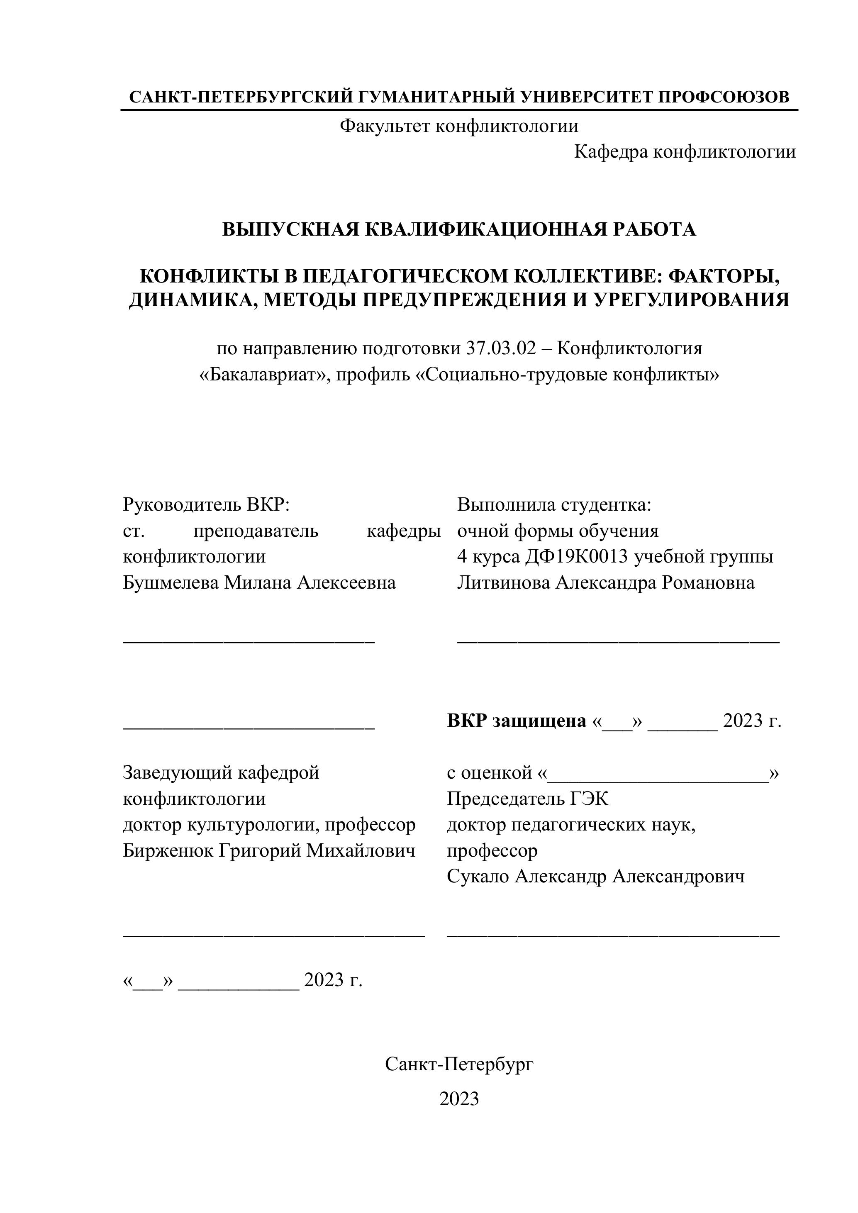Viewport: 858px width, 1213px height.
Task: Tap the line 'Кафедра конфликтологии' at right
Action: [x=685, y=152]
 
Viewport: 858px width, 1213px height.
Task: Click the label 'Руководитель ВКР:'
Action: [x=207, y=504]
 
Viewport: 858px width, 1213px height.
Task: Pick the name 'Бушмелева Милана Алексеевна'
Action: [x=259, y=583]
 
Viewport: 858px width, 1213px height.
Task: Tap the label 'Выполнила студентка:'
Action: [x=554, y=504]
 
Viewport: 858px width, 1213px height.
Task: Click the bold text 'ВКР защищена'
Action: [x=516, y=721]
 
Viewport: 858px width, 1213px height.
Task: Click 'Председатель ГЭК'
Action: [x=527, y=799]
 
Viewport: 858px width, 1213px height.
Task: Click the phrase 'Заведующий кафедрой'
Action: [x=221, y=773]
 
